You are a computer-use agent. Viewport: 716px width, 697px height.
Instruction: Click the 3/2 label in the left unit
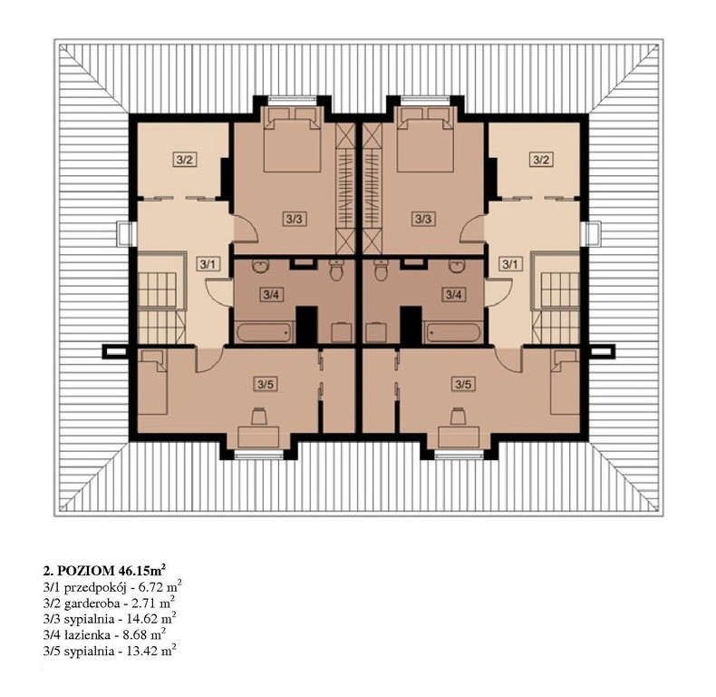click(186, 160)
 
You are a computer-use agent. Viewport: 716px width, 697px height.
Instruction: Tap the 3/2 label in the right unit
click(541, 160)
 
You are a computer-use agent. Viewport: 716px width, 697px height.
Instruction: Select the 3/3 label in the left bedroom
click(294, 219)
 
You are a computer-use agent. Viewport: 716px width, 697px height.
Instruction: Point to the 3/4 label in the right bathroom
click(453, 295)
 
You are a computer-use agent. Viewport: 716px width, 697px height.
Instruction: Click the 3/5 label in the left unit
click(266, 384)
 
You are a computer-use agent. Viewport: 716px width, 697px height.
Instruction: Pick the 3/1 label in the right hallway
click(509, 264)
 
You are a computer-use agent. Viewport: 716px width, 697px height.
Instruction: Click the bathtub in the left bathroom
click(265, 332)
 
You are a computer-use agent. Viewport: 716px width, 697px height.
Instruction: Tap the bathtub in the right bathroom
click(452, 332)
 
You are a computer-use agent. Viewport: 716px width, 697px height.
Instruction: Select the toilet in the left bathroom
click(337, 270)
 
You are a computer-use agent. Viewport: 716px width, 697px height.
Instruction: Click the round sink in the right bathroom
click(457, 267)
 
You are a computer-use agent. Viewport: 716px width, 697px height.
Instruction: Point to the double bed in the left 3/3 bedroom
click(292, 140)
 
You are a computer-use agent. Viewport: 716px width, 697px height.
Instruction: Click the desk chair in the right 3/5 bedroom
click(458, 417)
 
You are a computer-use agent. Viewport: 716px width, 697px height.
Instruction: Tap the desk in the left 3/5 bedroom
click(258, 437)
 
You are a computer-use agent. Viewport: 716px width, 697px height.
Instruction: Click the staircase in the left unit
click(161, 308)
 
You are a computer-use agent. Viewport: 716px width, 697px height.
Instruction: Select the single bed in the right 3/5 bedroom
click(566, 382)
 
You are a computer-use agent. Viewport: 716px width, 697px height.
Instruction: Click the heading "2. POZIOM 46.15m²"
click(103, 570)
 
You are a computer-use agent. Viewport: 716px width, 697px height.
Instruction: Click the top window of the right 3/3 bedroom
click(425, 100)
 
